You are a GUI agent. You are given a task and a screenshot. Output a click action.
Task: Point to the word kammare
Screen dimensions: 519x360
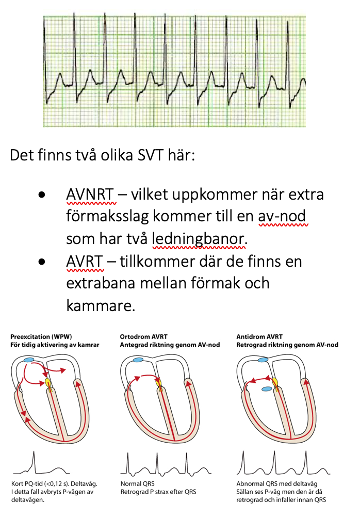101,306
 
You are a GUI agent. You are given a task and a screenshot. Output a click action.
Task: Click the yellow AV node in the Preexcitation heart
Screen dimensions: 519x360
48,382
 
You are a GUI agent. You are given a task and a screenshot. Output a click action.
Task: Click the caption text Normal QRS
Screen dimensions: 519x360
135,484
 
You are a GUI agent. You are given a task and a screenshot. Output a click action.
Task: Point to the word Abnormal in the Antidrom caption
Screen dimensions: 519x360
248,484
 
